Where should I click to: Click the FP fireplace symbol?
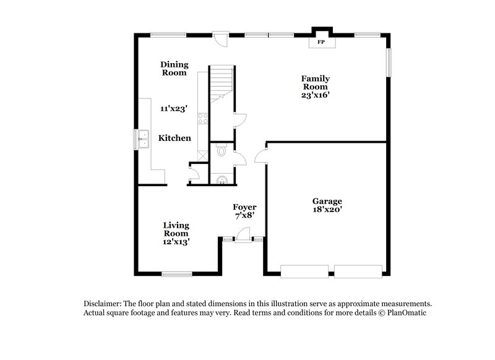pos(321,43)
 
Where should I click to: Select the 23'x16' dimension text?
pos(315,95)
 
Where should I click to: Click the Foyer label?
pos(244,207)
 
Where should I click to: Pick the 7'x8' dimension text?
pos(244,215)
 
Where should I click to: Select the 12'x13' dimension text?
pos(176,242)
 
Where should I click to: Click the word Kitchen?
pos(174,138)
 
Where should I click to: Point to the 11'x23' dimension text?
pos(174,109)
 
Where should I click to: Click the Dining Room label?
pos(174,68)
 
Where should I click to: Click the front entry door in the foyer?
pos(243,235)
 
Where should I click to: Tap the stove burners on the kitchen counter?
pos(202,118)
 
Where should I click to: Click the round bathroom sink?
pos(222,179)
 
